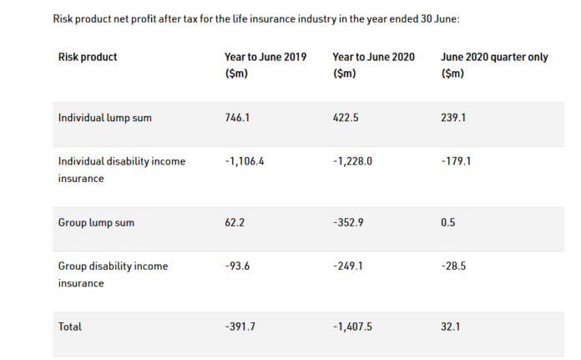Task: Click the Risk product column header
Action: coord(88,57)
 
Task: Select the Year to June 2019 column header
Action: coord(265,65)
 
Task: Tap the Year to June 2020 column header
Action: coord(373,65)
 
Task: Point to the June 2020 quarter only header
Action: coord(493,65)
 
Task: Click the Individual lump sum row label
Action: coord(105,118)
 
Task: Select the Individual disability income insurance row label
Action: coord(121,170)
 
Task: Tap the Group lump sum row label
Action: coord(96,223)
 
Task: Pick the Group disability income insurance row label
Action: coord(113,275)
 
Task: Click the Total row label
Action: coord(70,327)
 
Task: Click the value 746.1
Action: coord(238,118)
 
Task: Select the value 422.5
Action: coord(346,118)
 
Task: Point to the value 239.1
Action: coord(453,118)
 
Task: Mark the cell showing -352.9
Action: coord(347,223)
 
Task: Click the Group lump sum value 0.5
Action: coord(447,223)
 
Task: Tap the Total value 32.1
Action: coord(451,327)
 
